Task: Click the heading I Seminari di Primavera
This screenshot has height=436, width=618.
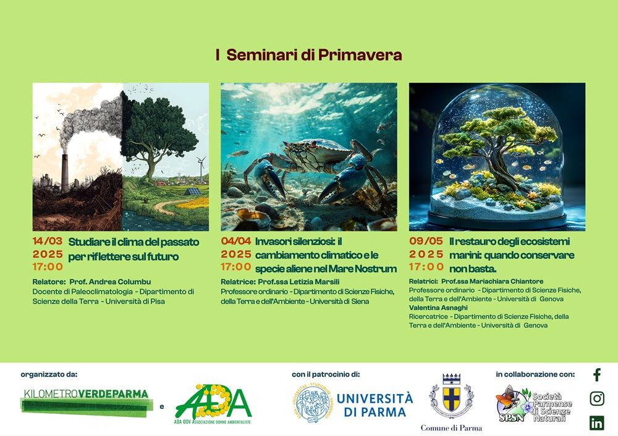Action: point(309,55)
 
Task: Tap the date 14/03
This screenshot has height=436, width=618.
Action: point(48,241)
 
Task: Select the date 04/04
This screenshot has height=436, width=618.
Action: point(235,241)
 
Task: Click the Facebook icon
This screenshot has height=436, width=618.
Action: point(596,375)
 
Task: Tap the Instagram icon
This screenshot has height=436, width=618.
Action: point(596,398)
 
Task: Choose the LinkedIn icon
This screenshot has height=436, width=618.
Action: point(596,422)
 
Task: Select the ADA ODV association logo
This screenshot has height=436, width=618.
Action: point(213,405)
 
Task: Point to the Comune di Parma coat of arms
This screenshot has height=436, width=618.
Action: point(451,397)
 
